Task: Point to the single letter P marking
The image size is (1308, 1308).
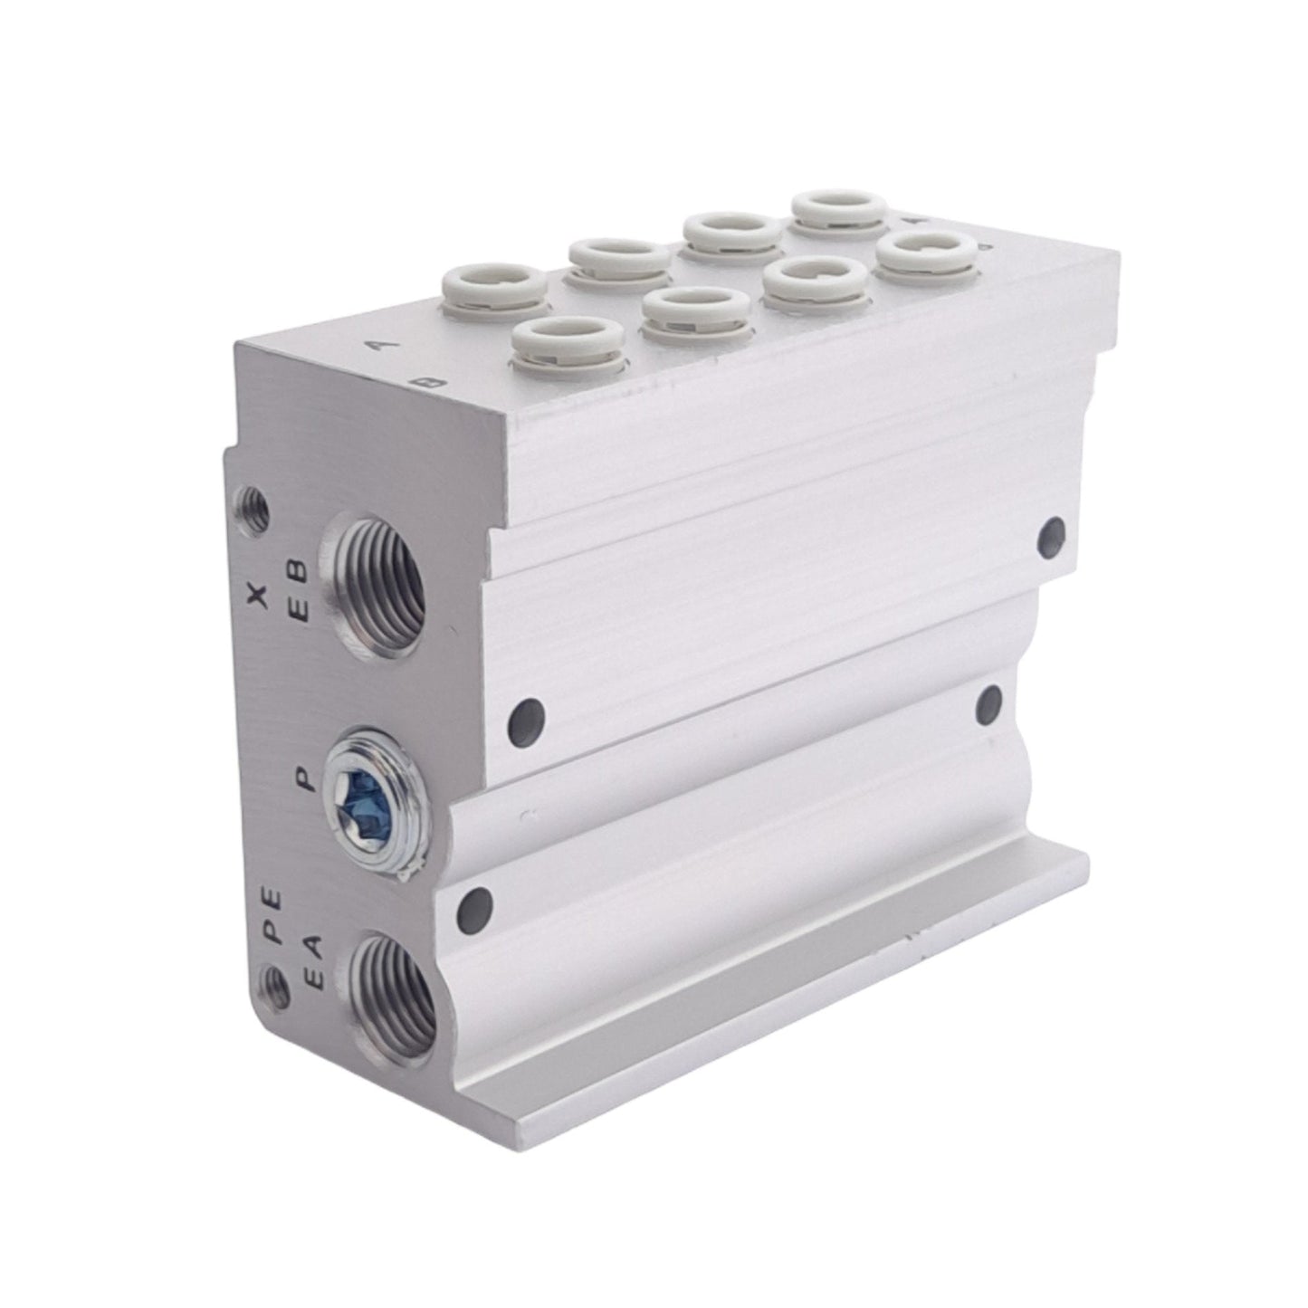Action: [306, 778]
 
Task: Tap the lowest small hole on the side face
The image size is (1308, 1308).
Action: [475, 903]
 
